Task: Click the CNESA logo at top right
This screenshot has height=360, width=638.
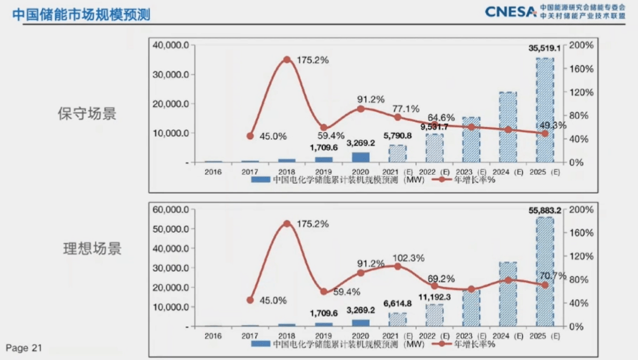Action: click(x=511, y=11)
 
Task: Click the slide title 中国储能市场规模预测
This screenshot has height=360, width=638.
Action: click(x=81, y=14)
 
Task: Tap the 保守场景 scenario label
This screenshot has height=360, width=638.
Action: click(x=87, y=113)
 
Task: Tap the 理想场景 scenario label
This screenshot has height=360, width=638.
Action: click(x=92, y=248)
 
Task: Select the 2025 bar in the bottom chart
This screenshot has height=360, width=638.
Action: click(x=545, y=271)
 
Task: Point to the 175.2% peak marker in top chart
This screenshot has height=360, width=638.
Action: click(x=287, y=60)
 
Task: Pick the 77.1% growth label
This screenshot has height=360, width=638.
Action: click(x=405, y=109)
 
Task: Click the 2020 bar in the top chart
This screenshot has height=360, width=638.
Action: click(x=360, y=157)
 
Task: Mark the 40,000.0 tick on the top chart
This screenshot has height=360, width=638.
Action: click(x=170, y=46)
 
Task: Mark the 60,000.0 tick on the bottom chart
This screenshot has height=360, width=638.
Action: click(x=170, y=210)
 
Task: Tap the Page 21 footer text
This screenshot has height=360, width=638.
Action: click(x=24, y=348)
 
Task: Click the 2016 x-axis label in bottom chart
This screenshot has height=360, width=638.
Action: click(x=213, y=336)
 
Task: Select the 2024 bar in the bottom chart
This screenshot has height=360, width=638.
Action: click(x=508, y=294)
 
